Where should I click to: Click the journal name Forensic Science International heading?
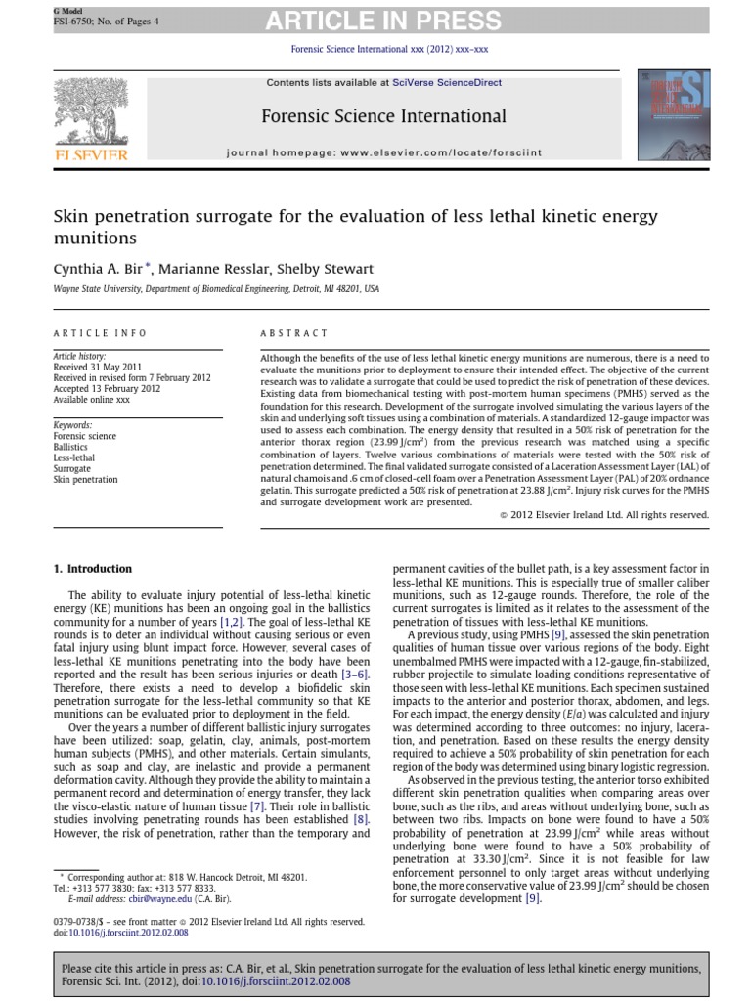[383, 117]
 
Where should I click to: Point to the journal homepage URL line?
[383, 153]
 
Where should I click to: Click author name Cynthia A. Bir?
[100, 269]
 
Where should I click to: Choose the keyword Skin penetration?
[85, 480]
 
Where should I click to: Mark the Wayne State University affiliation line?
[216, 289]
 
